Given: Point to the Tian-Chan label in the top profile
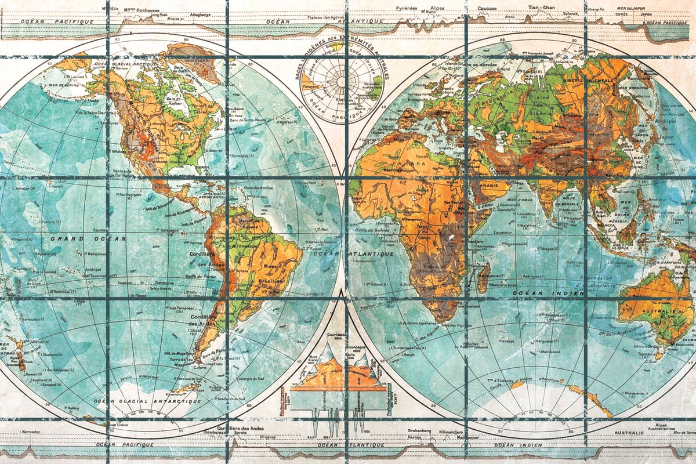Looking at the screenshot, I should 542,8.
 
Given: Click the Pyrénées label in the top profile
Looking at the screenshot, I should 406,8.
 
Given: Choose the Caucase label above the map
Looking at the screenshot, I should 487,9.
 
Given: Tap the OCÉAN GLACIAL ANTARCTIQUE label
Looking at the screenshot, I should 148,401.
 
